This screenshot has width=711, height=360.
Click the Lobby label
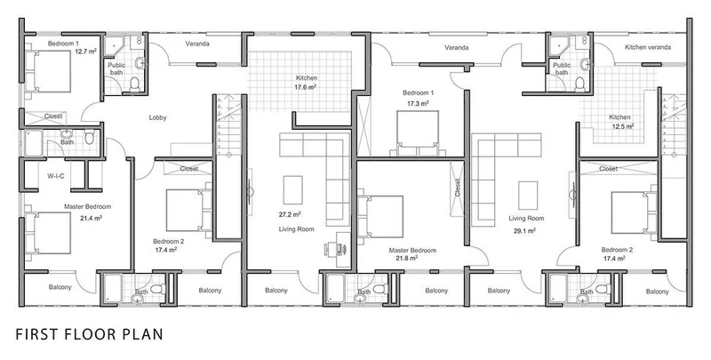158,118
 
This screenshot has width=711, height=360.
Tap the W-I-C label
56,176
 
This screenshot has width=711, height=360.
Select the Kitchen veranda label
648,47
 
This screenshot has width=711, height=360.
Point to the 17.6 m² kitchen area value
307,87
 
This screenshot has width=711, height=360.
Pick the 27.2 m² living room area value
291,214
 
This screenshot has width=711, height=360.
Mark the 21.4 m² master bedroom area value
92,218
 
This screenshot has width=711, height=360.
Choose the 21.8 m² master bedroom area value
407,258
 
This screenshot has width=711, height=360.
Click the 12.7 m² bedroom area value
85,52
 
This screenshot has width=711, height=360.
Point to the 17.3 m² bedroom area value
418,103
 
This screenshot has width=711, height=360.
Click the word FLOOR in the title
92,334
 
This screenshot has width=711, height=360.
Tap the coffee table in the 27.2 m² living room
293,190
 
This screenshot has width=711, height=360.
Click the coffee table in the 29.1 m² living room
528,196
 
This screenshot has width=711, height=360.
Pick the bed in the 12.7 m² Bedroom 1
47,72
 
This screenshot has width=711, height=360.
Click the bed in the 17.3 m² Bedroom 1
418,133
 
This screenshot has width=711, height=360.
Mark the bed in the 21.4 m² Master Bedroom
47,233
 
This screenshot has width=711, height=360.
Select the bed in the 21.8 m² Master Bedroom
380,217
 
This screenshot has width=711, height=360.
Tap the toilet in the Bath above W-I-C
90,137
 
